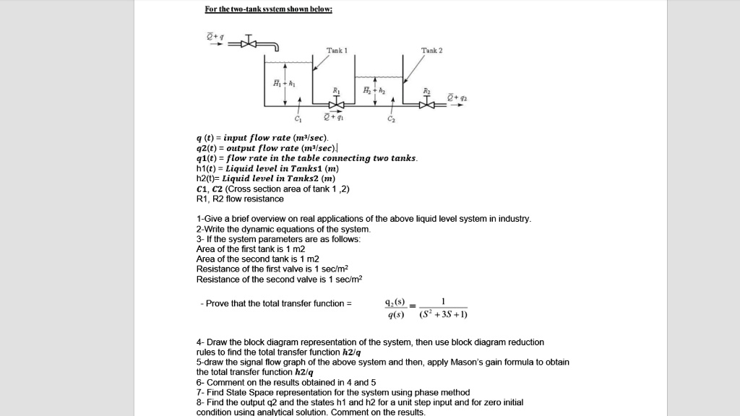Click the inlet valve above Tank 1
[249, 43]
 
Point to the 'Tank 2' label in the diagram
[431, 51]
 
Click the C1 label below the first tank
[297, 119]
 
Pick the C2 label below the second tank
[392, 119]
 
